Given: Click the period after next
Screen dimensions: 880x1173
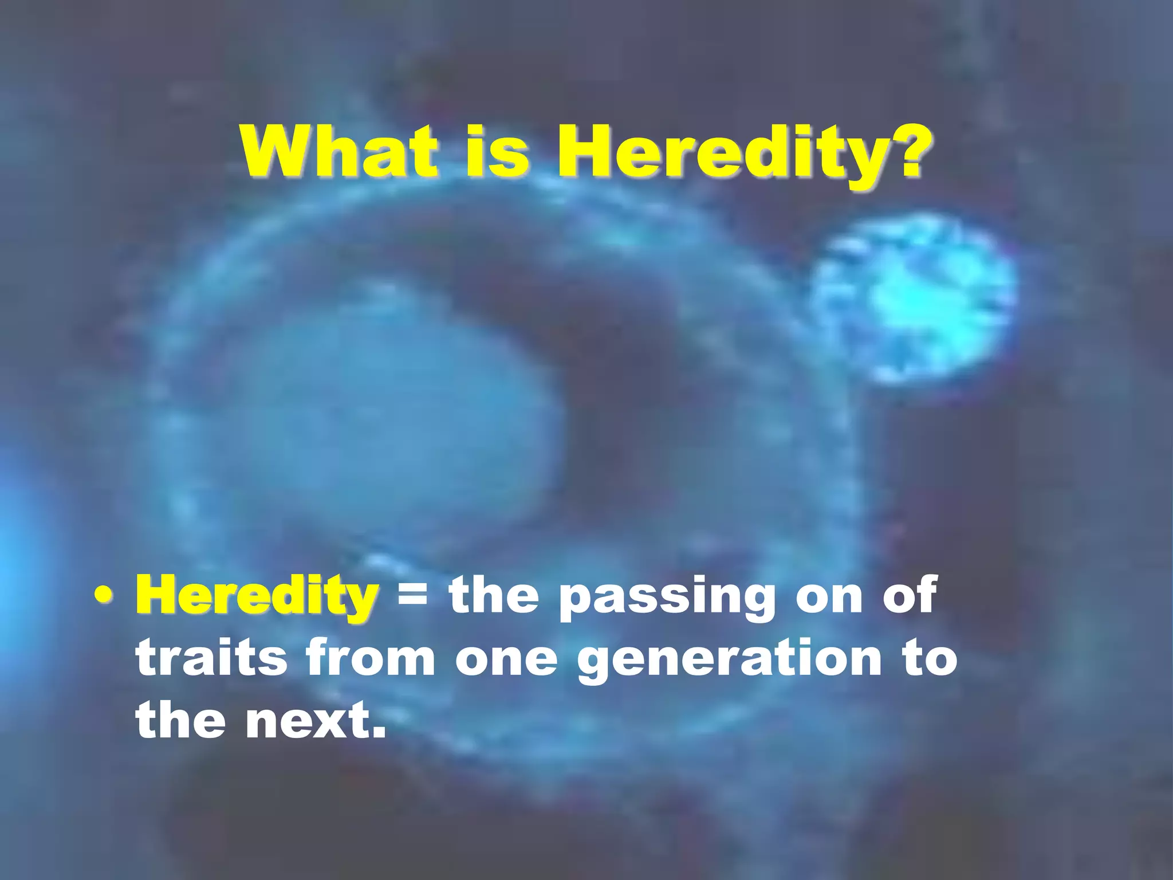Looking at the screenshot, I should [x=378, y=731].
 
